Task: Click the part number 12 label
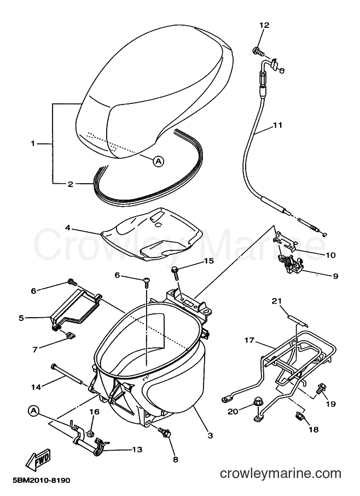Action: click(264, 25)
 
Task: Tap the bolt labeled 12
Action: click(258, 51)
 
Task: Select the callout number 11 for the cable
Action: click(277, 125)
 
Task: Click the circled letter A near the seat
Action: click(158, 161)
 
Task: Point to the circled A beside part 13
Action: click(33, 411)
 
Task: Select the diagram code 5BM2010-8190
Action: click(42, 481)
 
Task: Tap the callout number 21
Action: click(277, 301)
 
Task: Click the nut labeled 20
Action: click(256, 403)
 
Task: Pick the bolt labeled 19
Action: click(321, 388)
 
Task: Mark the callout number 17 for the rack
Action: click(249, 340)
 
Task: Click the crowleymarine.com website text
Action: click(281, 474)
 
